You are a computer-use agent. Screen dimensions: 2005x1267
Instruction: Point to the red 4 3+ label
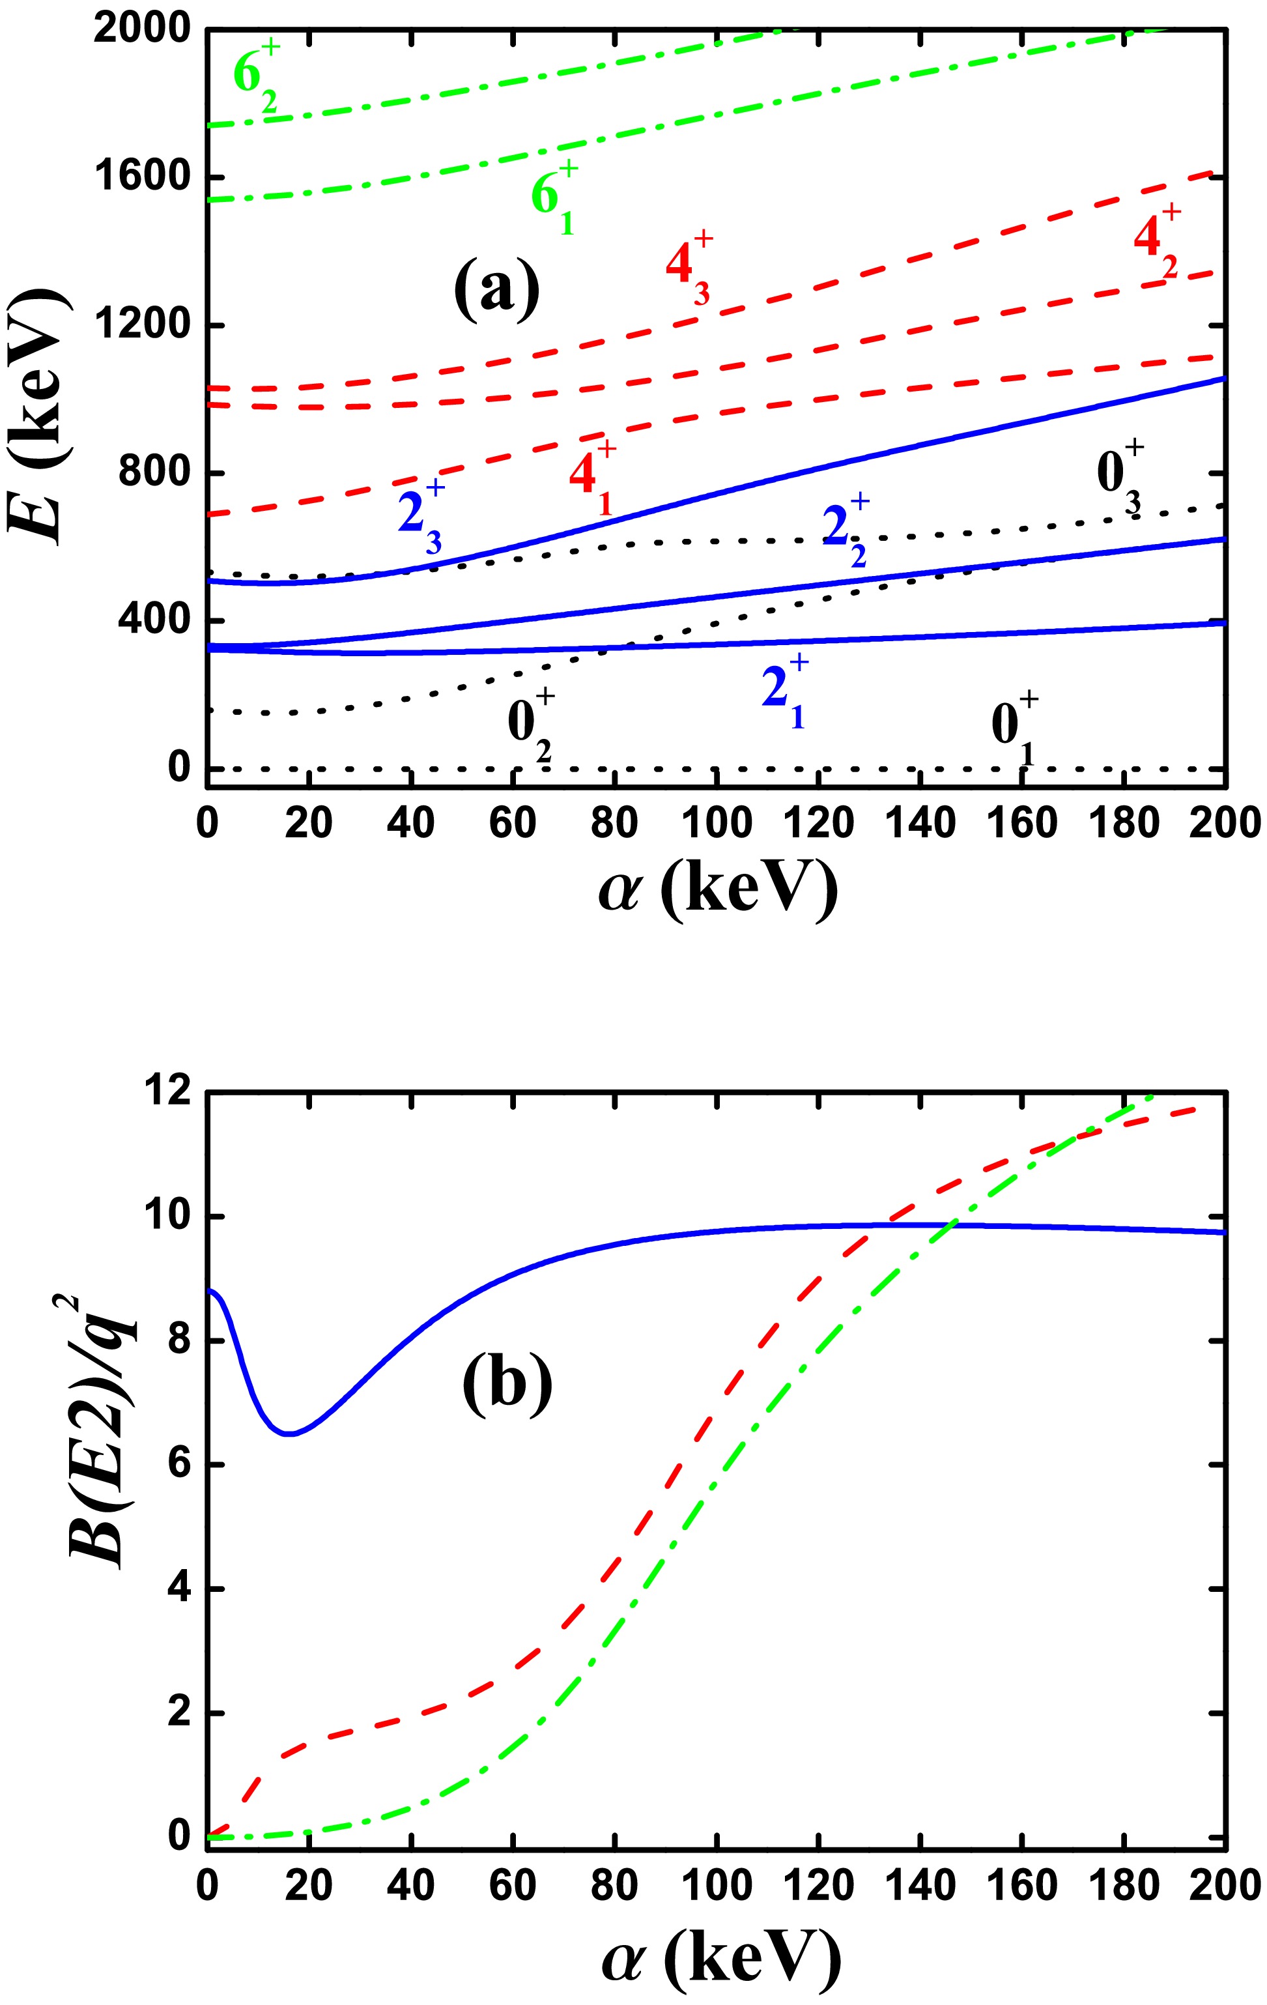[689, 268]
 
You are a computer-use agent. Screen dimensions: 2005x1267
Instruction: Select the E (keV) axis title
[38, 416]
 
